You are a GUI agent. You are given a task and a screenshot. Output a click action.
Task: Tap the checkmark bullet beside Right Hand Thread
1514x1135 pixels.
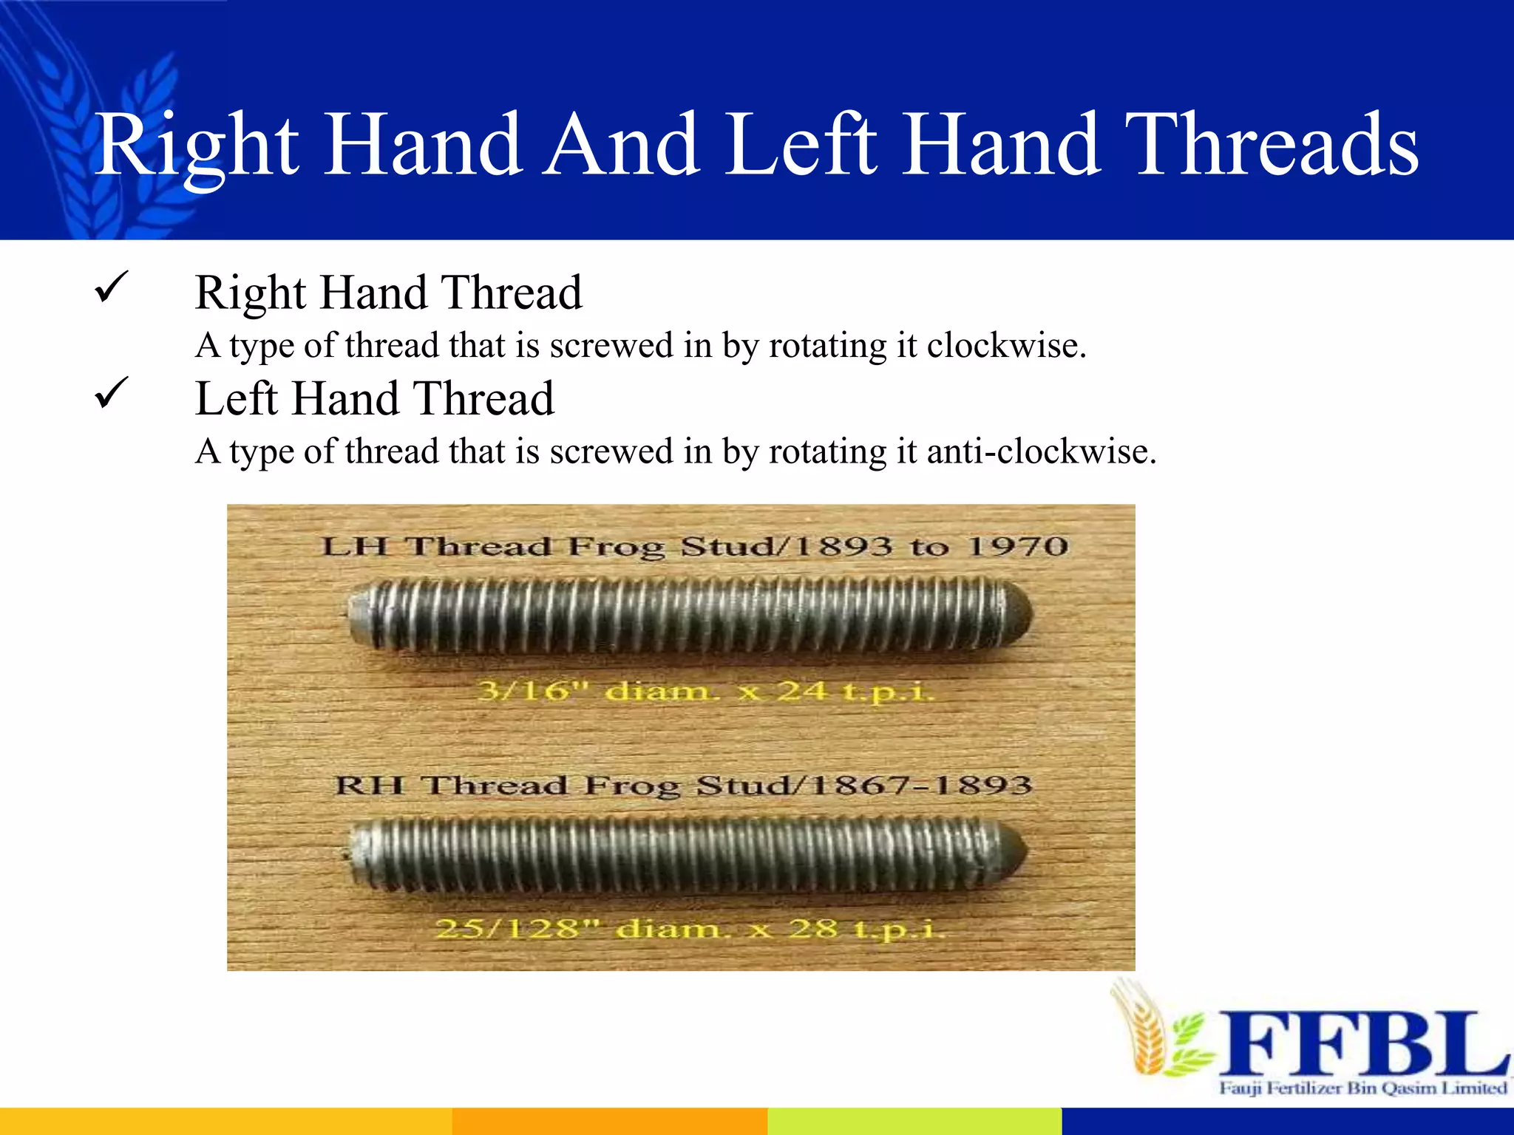coord(112,287)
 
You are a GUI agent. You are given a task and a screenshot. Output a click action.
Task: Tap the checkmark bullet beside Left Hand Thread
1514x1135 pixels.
coord(112,393)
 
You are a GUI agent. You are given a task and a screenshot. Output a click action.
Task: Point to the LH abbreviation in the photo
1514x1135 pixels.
coord(354,547)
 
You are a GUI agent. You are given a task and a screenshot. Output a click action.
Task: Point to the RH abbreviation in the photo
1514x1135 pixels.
coord(370,785)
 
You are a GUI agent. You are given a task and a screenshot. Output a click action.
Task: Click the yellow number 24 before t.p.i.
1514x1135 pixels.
coord(801,692)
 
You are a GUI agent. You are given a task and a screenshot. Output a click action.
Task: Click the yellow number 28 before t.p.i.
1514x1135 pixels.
coord(812,928)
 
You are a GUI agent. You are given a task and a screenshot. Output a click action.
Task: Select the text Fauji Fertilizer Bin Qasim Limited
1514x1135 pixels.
coord(1362,1088)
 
